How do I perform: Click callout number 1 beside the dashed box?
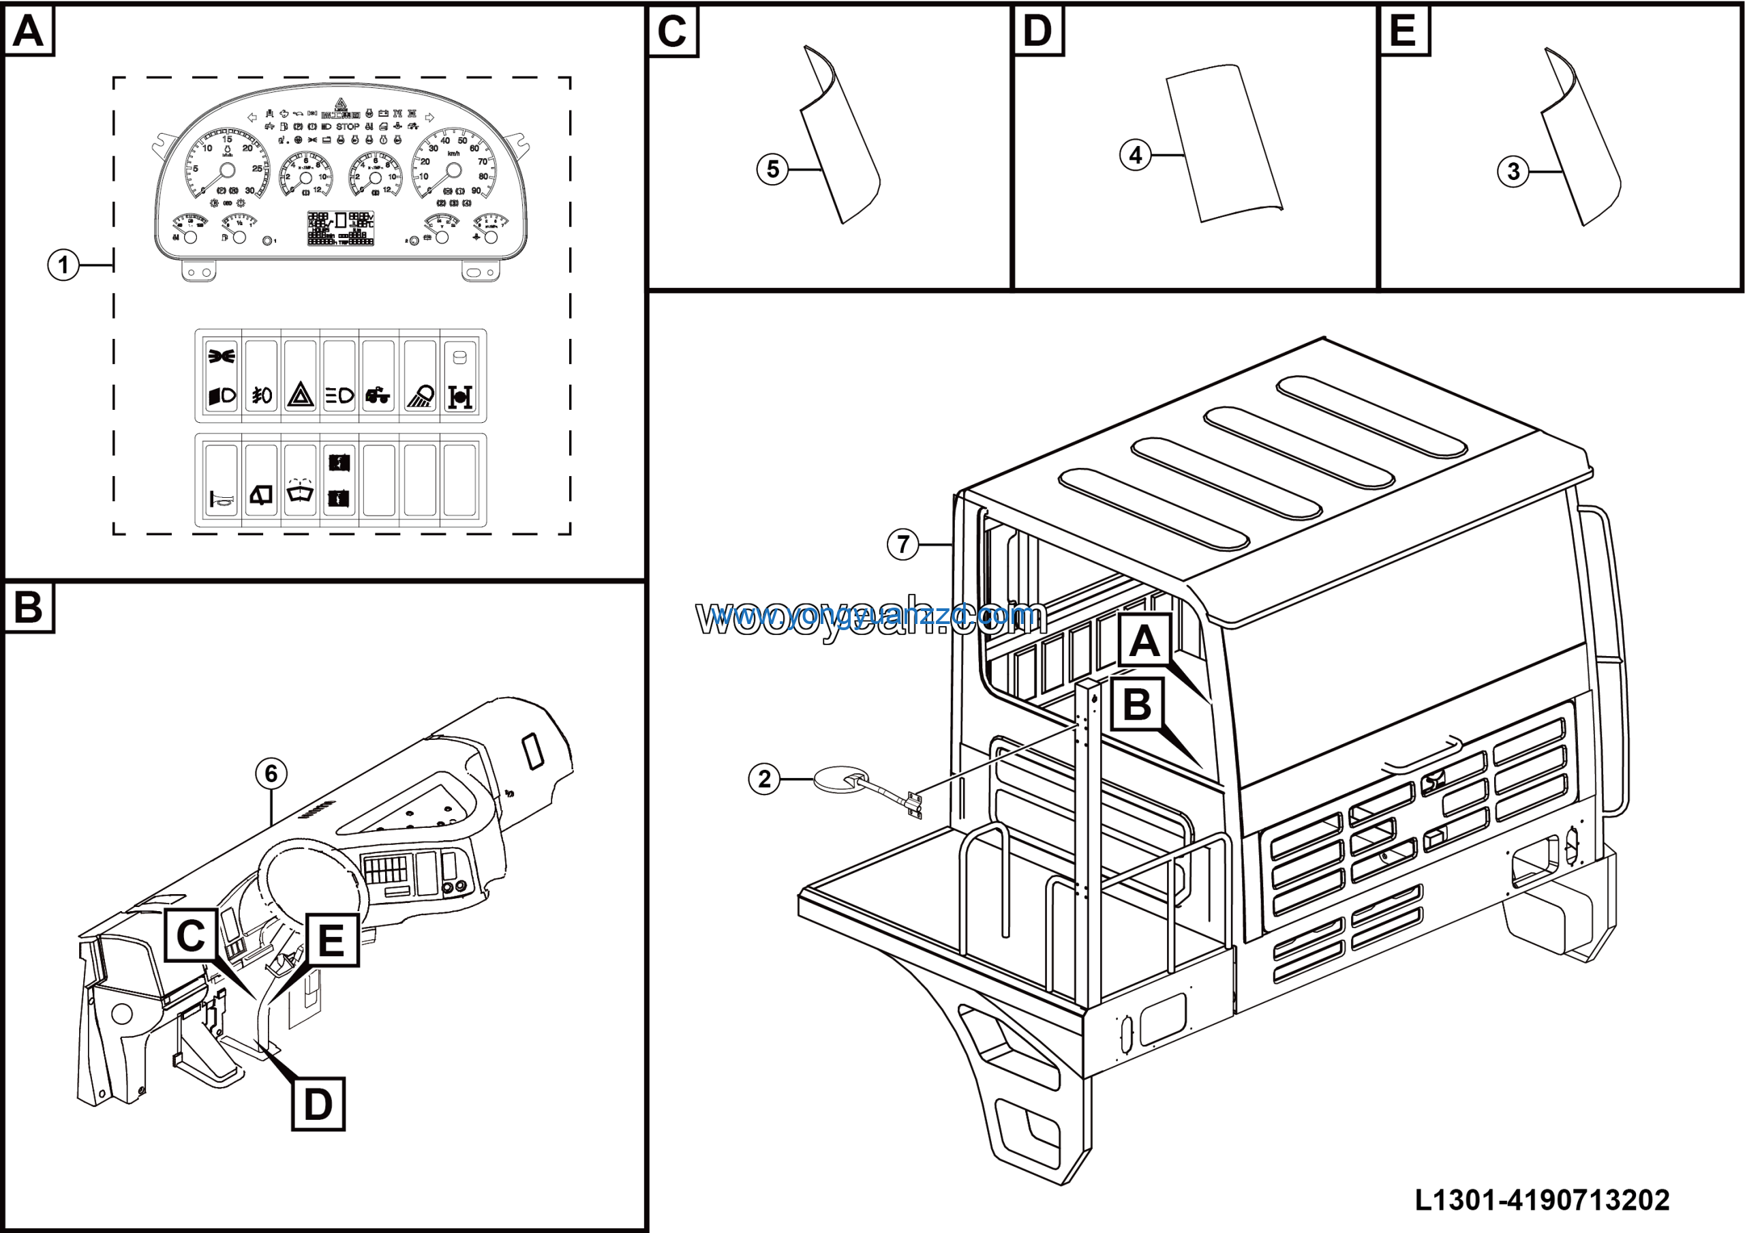tap(63, 265)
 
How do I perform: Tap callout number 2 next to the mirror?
tap(764, 779)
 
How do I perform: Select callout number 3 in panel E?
tap(1513, 172)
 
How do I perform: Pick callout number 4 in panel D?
tap(1135, 156)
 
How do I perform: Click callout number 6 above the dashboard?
tap(271, 774)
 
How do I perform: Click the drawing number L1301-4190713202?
tap(1542, 1200)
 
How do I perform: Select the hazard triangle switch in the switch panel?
tap(300, 396)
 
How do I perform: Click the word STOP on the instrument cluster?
tap(348, 127)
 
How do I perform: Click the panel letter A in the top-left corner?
tap(29, 31)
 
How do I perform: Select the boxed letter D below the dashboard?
tap(318, 1104)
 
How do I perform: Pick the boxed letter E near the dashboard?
tap(331, 940)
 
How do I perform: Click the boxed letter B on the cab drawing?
tap(1137, 704)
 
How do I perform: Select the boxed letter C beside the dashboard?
tap(191, 935)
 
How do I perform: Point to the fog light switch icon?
tap(262, 396)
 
